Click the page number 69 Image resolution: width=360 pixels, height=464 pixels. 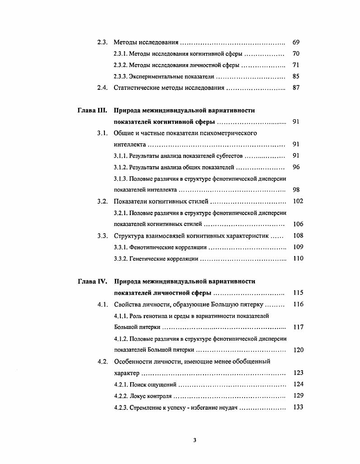point(296,42)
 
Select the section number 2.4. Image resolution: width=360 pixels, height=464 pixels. point(102,88)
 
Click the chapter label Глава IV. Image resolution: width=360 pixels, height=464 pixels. point(92,281)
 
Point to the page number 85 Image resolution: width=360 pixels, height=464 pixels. point(296,76)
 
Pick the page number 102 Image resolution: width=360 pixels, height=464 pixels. point(298,202)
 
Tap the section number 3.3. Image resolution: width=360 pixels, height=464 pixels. point(102,235)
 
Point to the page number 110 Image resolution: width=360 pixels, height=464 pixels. point(298,259)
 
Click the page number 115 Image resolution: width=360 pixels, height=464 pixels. point(298,293)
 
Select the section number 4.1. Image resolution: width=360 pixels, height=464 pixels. point(102,305)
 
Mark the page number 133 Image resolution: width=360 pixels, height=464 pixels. point(298,407)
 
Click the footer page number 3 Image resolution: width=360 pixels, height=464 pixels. point(194,440)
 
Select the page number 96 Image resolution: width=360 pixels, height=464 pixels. point(296,167)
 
